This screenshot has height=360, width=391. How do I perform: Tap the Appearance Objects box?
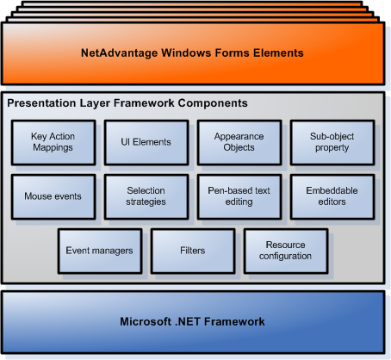pos(233,142)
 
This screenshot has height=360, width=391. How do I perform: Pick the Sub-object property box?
pos(326,142)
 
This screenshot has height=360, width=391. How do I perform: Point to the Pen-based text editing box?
pos(233,196)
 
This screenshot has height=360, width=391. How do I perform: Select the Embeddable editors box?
pos(326,196)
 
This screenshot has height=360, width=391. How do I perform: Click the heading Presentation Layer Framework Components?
pos(127,103)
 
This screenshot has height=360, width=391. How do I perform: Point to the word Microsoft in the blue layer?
pos(146,322)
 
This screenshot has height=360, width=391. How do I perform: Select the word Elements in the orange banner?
pos(278,53)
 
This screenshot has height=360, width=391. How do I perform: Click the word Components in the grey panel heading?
pos(215,103)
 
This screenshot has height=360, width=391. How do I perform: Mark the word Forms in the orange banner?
pos(232,53)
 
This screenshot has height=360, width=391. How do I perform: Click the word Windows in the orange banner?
pos(188,53)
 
